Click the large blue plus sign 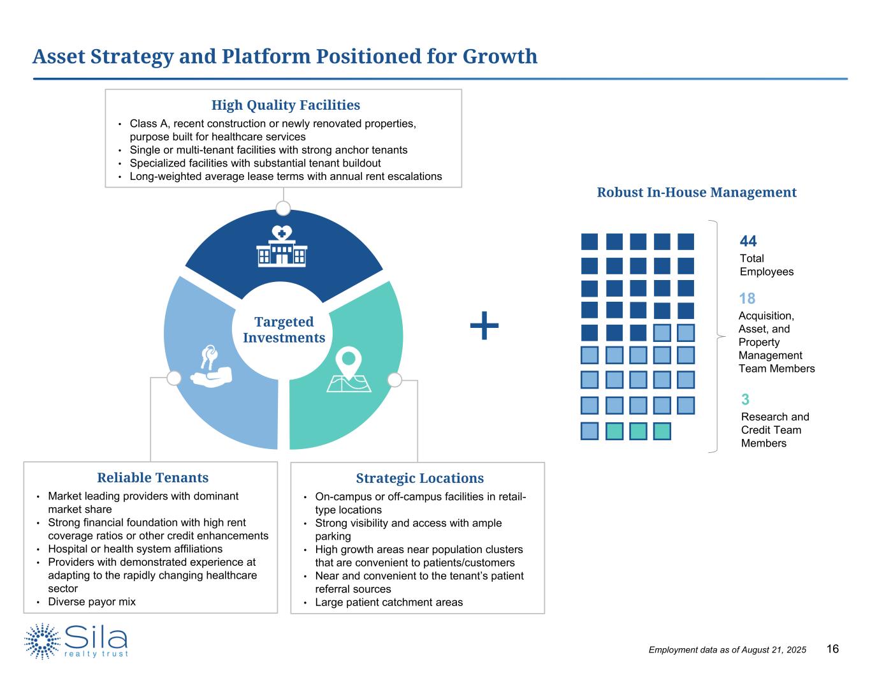pyautogui.click(x=484, y=326)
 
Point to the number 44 pyautogui.click(x=748, y=241)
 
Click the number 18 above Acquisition pyautogui.click(x=747, y=299)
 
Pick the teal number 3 pyautogui.click(x=745, y=400)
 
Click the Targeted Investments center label pyautogui.click(x=284, y=330)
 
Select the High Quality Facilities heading pyautogui.click(x=286, y=105)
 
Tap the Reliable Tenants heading pyautogui.click(x=152, y=478)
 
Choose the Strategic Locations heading pyautogui.click(x=419, y=478)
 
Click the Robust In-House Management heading pyautogui.click(x=696, y=192)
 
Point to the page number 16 pyautogui.click(x=832, y=649)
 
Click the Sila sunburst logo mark pyautogui.click(x=43, y=641)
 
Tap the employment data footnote pyautogui.click(x=727, y=650)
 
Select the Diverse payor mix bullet pyautogui.click(x=92, y=602)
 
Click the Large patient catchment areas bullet pyautogui.click(x=389, y=602)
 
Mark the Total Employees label pyautogui.click(x=766, y=265)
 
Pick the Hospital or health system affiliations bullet pyautogui.click(x=135, y=549)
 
